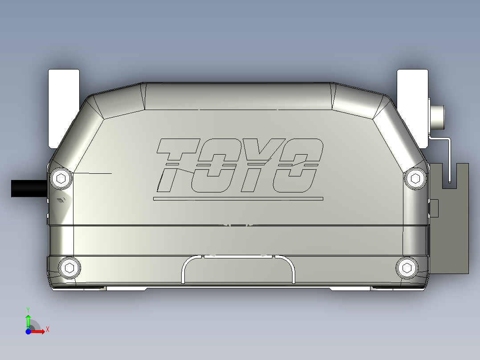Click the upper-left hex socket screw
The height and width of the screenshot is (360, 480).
click(x=61, y=179)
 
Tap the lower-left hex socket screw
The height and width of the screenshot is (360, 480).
click(x=69, y=268)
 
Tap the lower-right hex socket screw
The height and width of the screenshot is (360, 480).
click(x=407, y=268)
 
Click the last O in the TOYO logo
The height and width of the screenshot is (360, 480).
click(x=297, y=165)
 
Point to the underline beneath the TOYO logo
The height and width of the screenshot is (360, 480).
click(x=238, y=199)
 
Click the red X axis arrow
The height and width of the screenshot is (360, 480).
click(x=39, y=331)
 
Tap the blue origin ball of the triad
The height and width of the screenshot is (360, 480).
click(x=28, y=331)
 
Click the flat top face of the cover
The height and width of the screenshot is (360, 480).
click(x=238, y=96)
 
